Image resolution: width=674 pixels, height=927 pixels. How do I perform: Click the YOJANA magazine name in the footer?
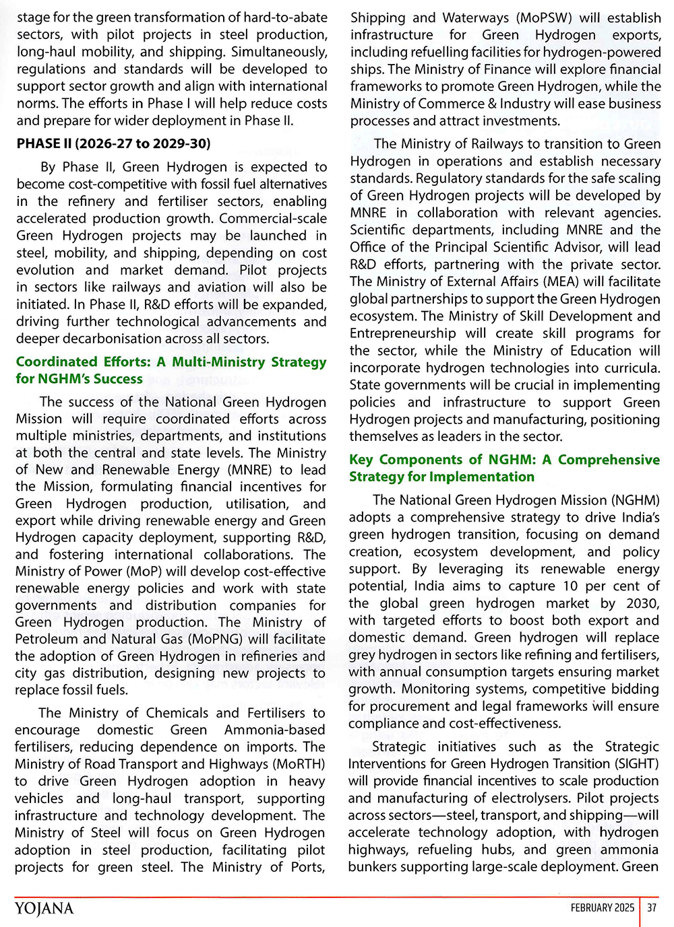(x=44, y=908)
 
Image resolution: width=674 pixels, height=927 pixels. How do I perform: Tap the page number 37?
(x=652, y=907)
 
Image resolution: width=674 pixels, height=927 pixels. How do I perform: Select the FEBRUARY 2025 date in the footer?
(x=602, y=907)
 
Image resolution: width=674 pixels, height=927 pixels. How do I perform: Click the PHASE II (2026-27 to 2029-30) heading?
(x=113, y=143)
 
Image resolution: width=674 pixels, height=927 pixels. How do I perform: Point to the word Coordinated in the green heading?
(x=57, y=362)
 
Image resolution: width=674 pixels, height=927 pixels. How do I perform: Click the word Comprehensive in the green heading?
(x=609, y=459)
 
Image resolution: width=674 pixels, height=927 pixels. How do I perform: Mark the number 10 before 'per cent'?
(x=570, y=586)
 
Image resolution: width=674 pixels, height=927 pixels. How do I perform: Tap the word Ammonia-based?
(x=274, y=730)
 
